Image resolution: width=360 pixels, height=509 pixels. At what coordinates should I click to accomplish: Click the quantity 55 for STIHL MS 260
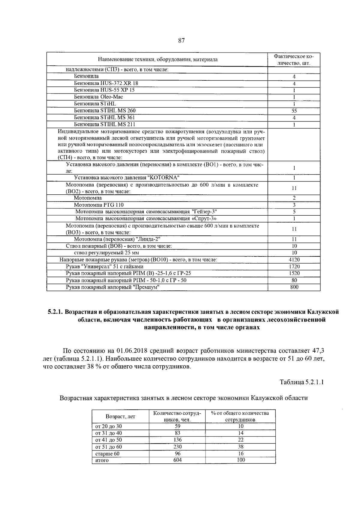(294, 111)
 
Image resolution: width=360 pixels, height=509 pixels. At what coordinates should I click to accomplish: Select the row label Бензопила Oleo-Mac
(98, 97)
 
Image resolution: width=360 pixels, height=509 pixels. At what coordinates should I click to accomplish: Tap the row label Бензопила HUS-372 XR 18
(106, 83)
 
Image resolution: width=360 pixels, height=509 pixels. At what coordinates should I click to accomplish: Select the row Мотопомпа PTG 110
(99, 205)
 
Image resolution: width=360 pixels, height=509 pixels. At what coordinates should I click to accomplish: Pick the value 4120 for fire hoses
(294, 260)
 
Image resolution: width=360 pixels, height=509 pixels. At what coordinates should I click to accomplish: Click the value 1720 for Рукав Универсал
(294, 266)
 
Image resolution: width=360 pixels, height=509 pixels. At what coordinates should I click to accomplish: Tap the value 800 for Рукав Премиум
(294, 287)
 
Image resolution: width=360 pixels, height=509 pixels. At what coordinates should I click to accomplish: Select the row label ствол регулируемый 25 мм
(106, 253)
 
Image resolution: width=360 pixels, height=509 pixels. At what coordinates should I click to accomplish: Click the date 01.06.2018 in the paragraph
(131, 351)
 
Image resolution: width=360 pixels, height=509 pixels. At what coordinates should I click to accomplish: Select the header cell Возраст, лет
(120, 417)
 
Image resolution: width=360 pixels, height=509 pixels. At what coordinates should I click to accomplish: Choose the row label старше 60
(107, 454)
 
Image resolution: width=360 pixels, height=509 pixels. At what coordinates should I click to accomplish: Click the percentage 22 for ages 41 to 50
(240, 440)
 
